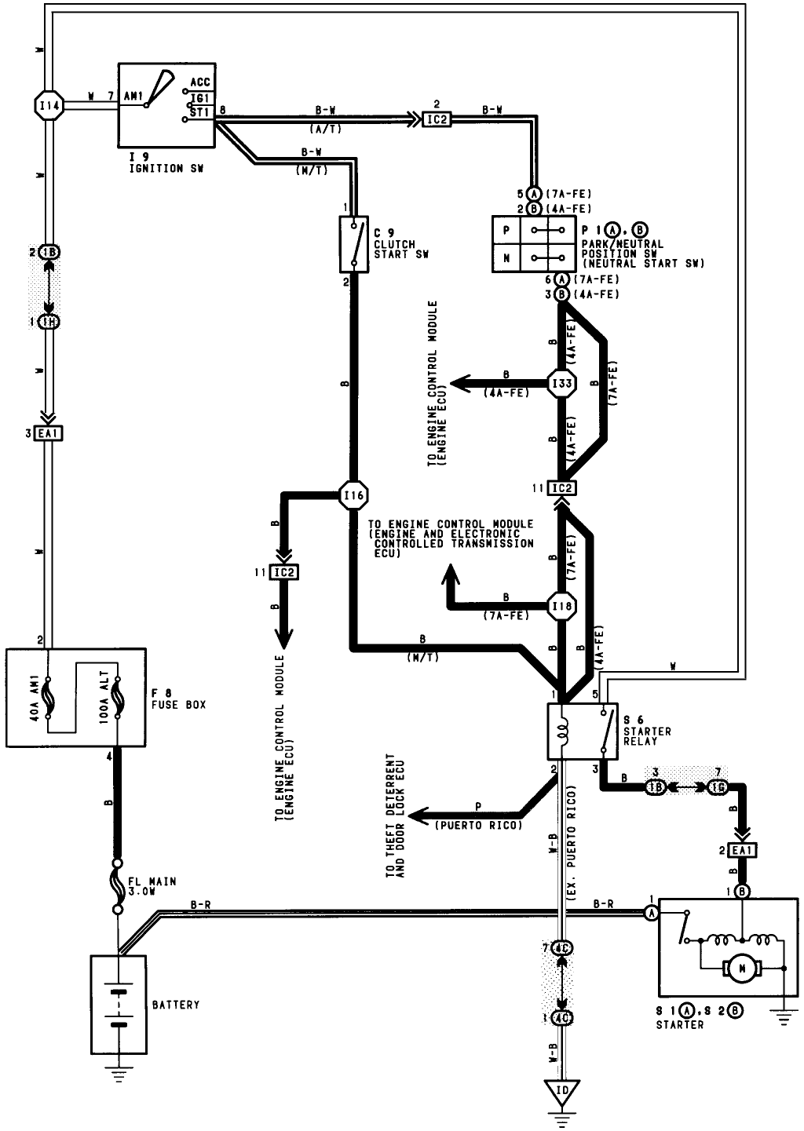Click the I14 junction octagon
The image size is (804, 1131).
[49, 105]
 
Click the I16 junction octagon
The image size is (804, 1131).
[353, 495]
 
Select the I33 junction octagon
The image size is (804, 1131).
[561, 383]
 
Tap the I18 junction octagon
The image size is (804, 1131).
[561, 606]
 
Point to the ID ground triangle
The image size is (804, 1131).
[561, 1091]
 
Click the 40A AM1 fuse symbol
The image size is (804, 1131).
[49, 697]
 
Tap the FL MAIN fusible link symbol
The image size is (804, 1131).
[118, 887]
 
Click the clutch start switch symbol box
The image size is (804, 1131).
[353, 244]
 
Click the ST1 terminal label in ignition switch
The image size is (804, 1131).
[200, 112]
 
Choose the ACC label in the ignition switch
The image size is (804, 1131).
[200, 82]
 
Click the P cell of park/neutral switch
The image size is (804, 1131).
[506, 230]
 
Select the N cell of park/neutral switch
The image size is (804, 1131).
[506, 258]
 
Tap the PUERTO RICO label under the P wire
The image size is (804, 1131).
[478, 826]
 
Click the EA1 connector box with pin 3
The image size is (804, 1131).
[49, 433]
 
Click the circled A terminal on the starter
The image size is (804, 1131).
[651, 913]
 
